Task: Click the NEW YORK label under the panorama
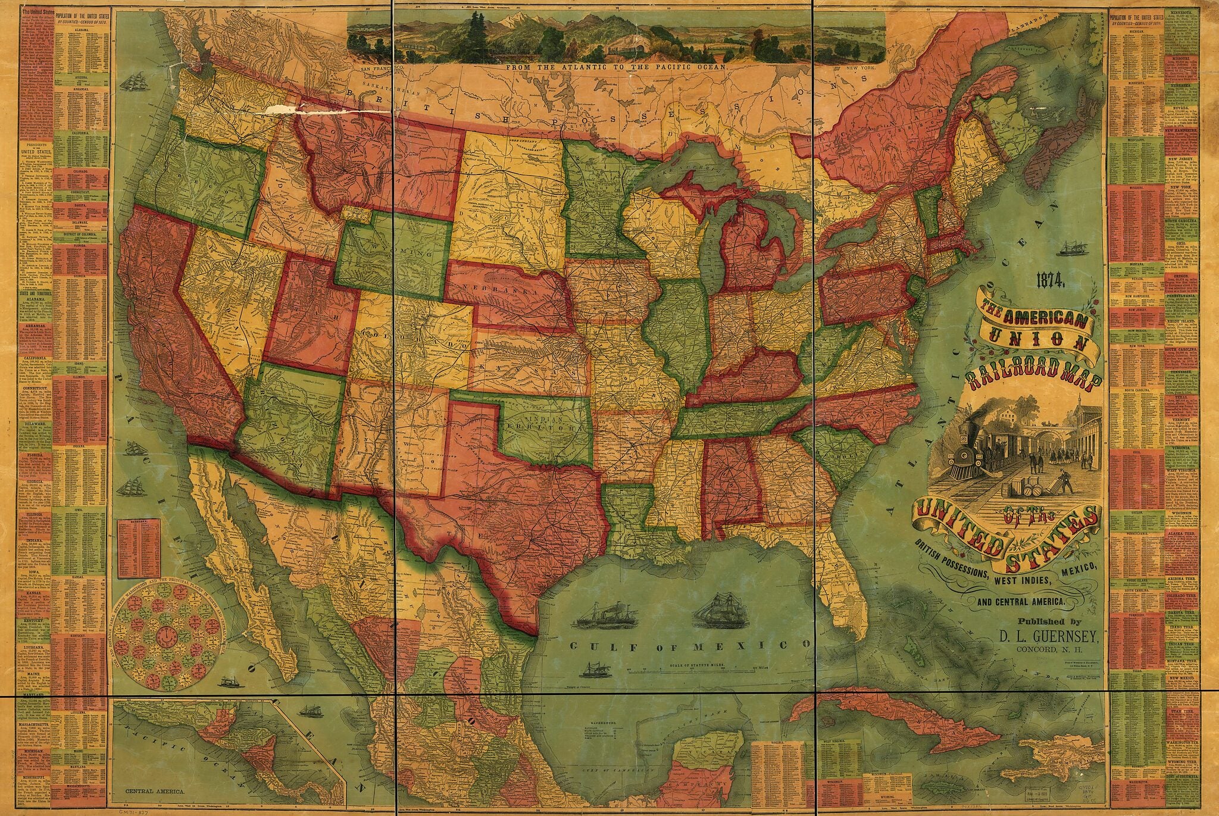(858, 70)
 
